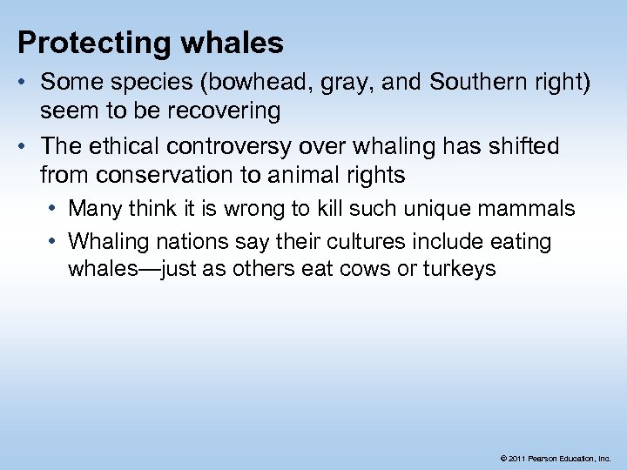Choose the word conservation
tap(160, 174)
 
